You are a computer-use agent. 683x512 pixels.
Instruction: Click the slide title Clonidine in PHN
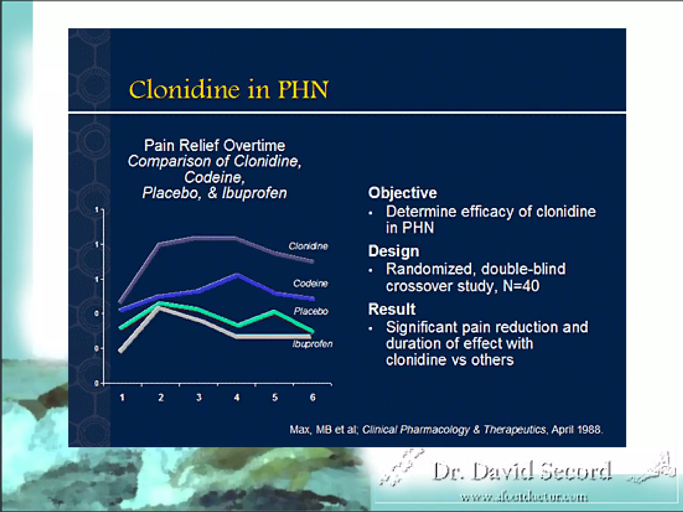click(x=229, y=90)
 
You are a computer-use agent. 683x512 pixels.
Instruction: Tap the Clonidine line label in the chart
click(x=308, y=246)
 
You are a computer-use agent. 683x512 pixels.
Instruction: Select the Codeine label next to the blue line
click(x=310, y=283)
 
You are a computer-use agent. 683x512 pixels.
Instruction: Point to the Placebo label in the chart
click(x=311, y=311)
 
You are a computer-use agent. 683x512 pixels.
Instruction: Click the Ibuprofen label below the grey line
click(x=312, y=344)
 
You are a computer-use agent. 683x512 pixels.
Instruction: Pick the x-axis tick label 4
click(x=237, y=397)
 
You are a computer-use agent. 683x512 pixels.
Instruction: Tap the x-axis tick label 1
click(x=122, y=397)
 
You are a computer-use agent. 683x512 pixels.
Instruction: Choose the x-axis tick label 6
click(x=312, y=397)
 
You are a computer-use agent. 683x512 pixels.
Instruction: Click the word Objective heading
click(x=403, y=193)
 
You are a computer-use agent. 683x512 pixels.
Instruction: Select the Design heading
click(x=394, y=251)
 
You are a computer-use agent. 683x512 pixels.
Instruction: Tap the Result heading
click(x=392, y=309)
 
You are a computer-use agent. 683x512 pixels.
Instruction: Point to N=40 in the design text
click(x=521, y=286)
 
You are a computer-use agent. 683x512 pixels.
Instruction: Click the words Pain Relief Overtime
click(x=214, y=145)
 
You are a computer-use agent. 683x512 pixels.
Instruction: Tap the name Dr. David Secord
click(x=522, y=471)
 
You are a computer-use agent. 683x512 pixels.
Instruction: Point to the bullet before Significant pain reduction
click(x=371, y=329)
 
